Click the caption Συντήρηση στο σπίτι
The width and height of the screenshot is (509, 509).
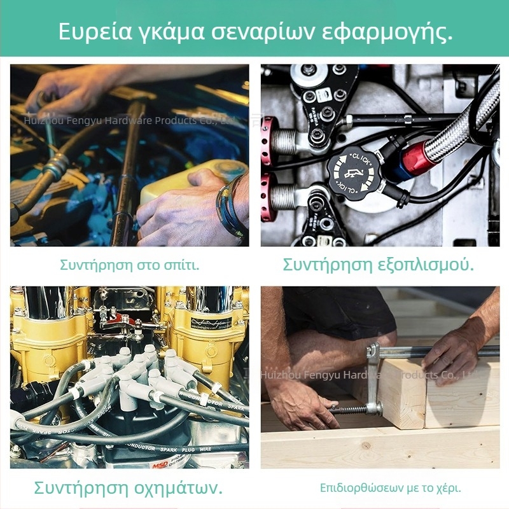130,265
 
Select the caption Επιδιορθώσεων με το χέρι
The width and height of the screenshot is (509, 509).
390,489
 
